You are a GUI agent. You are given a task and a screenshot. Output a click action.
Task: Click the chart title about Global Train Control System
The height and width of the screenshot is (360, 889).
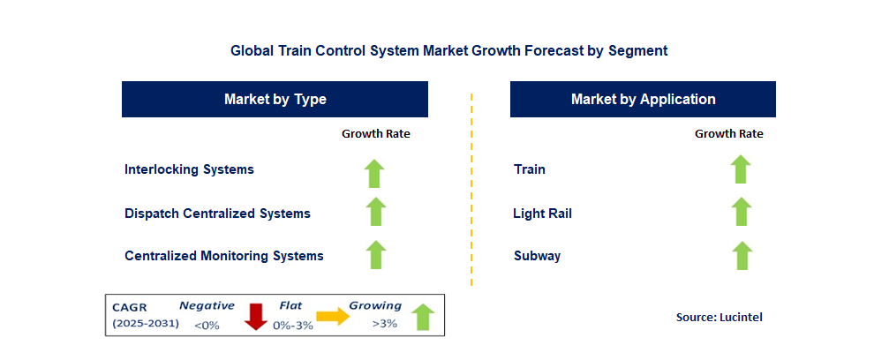click(x=448, y=50)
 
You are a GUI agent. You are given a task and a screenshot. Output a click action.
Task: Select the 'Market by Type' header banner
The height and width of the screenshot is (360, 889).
click(x=275, y=99)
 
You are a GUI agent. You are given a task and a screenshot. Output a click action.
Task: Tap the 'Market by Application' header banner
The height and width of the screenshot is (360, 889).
click(x=643, y=99)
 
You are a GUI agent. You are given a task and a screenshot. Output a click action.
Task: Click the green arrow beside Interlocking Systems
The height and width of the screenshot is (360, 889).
click(x=374, y=174)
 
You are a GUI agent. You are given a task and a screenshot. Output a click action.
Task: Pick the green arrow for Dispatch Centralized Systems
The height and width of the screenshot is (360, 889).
click(x=375, y=212)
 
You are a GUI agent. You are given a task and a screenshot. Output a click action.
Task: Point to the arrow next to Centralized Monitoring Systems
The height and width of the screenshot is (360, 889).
click(x=375, y=254)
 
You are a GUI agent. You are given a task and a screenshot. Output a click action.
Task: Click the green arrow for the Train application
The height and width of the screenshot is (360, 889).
click(x=741, y=169)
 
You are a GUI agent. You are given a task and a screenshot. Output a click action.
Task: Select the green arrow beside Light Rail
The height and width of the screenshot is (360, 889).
click(x=741, y=212)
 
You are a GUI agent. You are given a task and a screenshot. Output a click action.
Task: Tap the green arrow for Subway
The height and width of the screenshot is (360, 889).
click(x=742, y=255)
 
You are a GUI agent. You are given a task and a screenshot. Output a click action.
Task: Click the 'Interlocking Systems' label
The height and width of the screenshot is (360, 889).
click(x=190, y=169)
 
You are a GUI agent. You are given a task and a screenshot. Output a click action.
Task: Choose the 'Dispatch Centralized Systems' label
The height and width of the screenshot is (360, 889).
click(x=218, y=214)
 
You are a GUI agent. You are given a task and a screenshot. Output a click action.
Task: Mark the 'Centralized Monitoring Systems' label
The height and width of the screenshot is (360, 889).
click(x=224, y=256)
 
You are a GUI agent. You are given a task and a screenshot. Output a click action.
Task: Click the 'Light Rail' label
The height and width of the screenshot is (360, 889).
click(x=543, y=214)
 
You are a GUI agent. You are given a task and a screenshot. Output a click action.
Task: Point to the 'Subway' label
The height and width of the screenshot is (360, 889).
click(x=537, y=256)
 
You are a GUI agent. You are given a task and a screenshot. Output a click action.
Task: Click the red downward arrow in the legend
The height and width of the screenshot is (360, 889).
click(x=256, y=317)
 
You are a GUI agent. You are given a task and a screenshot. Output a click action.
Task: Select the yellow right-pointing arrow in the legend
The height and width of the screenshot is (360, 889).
click(x=333, y=317)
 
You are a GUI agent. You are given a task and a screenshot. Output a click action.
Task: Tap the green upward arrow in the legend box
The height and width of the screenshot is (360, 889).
click(x=422, y=317)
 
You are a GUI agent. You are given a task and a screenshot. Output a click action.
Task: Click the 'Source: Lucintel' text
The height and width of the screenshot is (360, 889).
click(x=719, y=318)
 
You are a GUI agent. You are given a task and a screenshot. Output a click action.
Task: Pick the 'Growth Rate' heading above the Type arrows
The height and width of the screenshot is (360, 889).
click(x=376, y=134)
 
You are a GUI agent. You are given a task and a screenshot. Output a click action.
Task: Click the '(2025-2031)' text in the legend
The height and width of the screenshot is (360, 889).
click(x=146, y=324)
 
